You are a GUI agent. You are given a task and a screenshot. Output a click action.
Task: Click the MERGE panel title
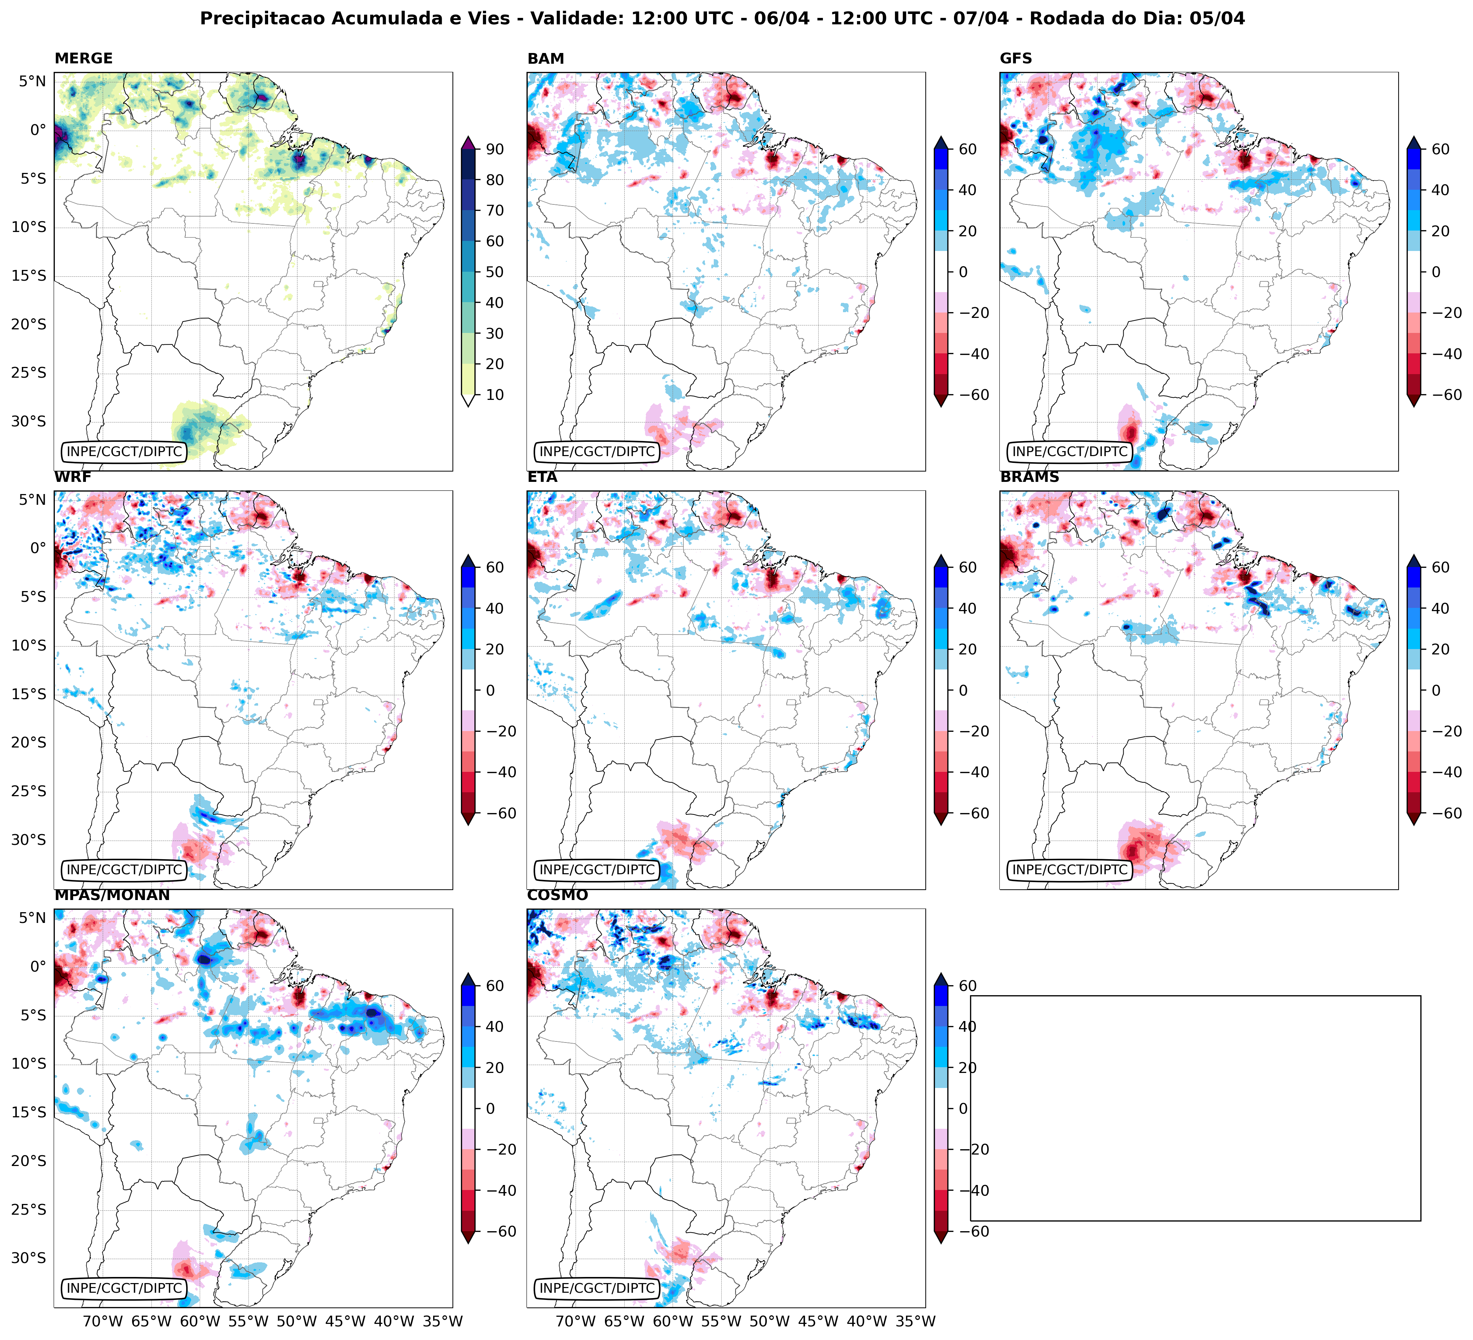(83, 58)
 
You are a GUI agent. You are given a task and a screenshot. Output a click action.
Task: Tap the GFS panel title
(1016, 58)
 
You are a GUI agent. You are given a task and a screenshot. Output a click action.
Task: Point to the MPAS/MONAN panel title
(112, 895)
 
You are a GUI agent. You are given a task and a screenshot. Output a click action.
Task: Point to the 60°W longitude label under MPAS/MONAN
(199, 1322)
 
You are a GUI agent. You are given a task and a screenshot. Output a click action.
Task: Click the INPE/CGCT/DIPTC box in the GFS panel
(1070, 451)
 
